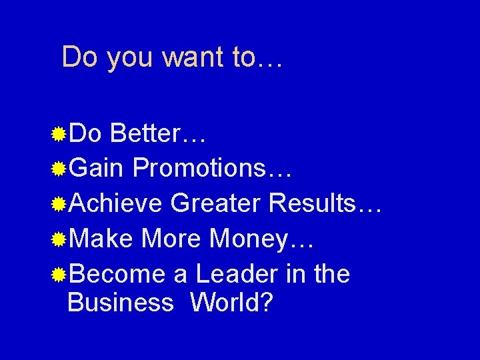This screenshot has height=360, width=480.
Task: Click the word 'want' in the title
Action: click(x=194, y=57)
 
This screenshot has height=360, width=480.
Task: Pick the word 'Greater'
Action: click(x=215, y=203)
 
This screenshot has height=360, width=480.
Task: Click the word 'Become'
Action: click(x=117, y=273)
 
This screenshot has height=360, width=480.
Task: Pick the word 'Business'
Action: click(x=121, y=303)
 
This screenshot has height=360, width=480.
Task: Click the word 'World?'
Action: click(x=232, y=303)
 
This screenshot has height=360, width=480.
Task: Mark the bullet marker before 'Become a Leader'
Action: click(x=59, y=274)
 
